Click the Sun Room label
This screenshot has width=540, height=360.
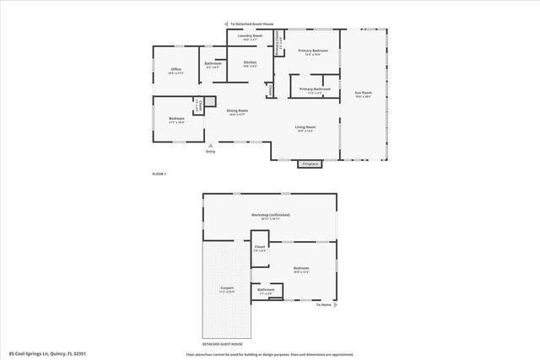pyautogui.click(x=363, y=94)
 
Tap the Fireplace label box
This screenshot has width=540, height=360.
pyautogui.click(x=310, y=164)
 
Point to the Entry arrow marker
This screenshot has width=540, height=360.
pyautogui.click(x=210, y=146)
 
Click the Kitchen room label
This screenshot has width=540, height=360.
pyautogui.click(x=251, y=63)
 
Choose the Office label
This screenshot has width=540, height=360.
pyautogui.click(x=176, y=70)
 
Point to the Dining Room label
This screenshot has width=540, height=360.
pyautogui.click(x=237, y=111)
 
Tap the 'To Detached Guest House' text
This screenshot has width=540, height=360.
pyautogui.click(x=253, y=24)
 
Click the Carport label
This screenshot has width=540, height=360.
pyautogui.click(x=227, y=289)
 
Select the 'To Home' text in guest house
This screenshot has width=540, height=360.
pyautogui.click(x=324, y=304)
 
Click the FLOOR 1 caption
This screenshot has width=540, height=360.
pyautogui.click(x=159, y=174)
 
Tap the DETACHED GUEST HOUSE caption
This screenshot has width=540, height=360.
pyautogui.click(x=223, y=344)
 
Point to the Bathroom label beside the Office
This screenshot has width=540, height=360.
pyautogui.click(x=213, y=64)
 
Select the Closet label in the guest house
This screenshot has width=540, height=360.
pyautogui.click(x=260, y=248)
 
